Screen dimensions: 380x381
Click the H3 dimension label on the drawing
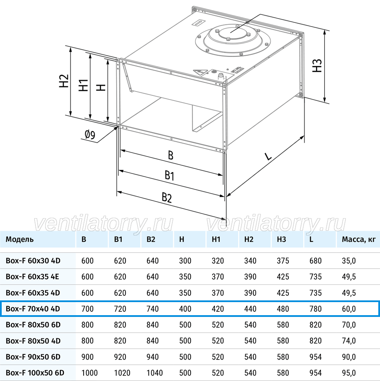click(317, 65)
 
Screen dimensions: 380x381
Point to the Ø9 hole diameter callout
click(90, 135)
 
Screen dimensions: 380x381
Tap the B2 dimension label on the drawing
click(167, 197)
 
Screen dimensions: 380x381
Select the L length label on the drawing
click(268, 156)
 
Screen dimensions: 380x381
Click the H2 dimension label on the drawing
click(64, 81)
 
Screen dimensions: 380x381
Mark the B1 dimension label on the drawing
click(169, 175)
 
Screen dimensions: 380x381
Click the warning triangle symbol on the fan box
click(200, 72)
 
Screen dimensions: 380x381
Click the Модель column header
click(20, 239)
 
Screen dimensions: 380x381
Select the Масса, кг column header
click(358, 239)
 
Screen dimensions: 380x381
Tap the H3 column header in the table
click(282, 239)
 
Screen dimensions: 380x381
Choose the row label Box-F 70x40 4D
click(33, 308)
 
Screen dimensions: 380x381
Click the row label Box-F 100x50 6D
click(35, 373)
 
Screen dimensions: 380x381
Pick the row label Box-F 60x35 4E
click(33, 276)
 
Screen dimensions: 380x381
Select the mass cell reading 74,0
click(349, 340)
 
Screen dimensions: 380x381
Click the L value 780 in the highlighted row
click(315, 308)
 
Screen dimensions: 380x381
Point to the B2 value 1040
click(155, 373)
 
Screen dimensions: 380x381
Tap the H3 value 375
click(283, 261)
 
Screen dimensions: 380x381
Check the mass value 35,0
click(349, 261)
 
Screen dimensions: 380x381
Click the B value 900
click(87, 357)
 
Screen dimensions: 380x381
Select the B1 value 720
click(120, 308)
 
